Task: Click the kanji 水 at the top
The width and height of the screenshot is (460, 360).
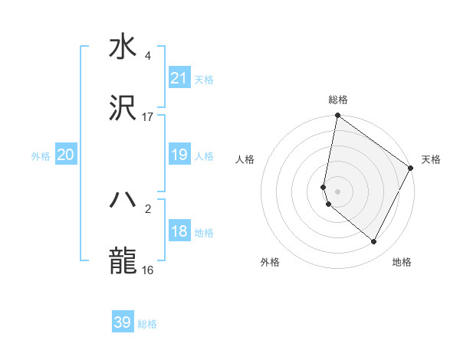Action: (123, 47)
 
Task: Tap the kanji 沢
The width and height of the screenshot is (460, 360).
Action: (123, 109)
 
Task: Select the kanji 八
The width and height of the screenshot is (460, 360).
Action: (123, 200)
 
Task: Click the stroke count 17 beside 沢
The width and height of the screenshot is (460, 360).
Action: (148, 117)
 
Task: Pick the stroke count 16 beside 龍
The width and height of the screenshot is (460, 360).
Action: (148, 270)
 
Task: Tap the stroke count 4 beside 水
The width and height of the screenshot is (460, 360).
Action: (148, 56)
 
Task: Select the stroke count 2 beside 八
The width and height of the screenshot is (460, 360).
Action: (148, 208)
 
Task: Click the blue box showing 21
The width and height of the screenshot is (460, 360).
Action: (179, 78)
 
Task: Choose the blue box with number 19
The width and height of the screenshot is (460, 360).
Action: (179, 155)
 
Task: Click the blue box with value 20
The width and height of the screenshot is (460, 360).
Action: (66, 155)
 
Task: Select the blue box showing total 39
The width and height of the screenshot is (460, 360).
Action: (123, 322)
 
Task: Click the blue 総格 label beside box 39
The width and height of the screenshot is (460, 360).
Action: (147, 324)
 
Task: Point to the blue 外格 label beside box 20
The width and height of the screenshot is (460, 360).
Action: (41, 156)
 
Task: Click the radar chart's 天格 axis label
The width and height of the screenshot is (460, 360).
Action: (431, 159)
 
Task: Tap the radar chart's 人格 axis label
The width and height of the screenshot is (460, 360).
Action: (245, 159)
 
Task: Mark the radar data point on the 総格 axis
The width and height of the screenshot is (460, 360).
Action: (337, 116)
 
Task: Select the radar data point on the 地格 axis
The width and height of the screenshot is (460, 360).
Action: (374, 242)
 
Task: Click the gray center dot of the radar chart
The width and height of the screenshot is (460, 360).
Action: (337, 191)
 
